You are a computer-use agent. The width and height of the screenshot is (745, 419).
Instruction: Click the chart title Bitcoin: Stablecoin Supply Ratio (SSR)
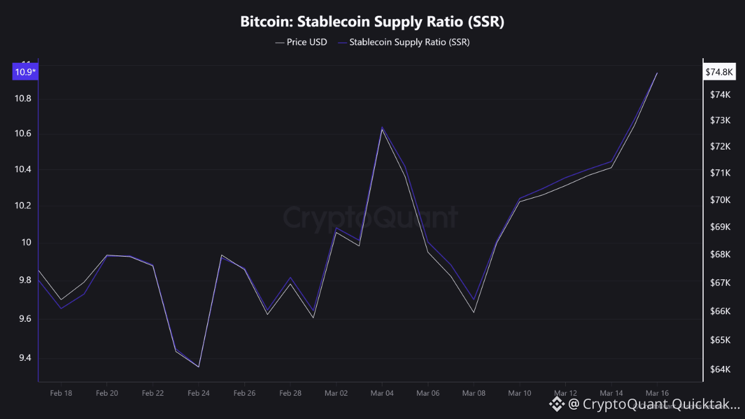pos(372,22)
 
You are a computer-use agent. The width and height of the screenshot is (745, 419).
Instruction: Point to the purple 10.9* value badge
pos(24,72)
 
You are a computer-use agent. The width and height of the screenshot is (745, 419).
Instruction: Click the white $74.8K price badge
pos(719,72)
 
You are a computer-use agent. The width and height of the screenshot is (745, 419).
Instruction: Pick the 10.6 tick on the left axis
pos(23,134)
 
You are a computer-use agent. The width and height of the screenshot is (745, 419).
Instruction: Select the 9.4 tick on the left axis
pos(23,358)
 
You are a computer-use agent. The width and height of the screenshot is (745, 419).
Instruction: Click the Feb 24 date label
pos(198,393)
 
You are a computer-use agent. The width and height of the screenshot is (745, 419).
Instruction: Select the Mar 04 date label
pos(382,393)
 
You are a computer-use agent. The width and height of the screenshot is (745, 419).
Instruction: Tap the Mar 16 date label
pos(657,393)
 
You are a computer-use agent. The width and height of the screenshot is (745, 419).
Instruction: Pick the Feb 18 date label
pos(61,393)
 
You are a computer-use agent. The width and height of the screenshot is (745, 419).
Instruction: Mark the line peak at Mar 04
pos(382,127)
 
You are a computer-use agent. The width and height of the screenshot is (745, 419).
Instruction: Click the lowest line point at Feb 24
pos(198,367)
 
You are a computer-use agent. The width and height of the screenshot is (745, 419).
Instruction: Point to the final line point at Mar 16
pos(657,73)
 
